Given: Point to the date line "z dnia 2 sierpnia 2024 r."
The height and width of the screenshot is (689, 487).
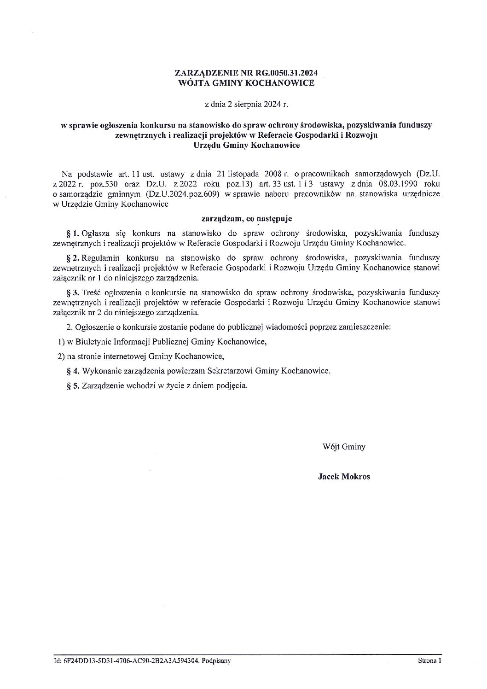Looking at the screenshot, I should pyautogui.click(x=246, y=105).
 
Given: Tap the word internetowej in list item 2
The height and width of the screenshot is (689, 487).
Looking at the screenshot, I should pyautogui.click(x=123, y=356).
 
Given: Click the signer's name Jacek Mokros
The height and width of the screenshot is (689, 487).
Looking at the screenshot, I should pyautogui.click(x=343, y=477).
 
